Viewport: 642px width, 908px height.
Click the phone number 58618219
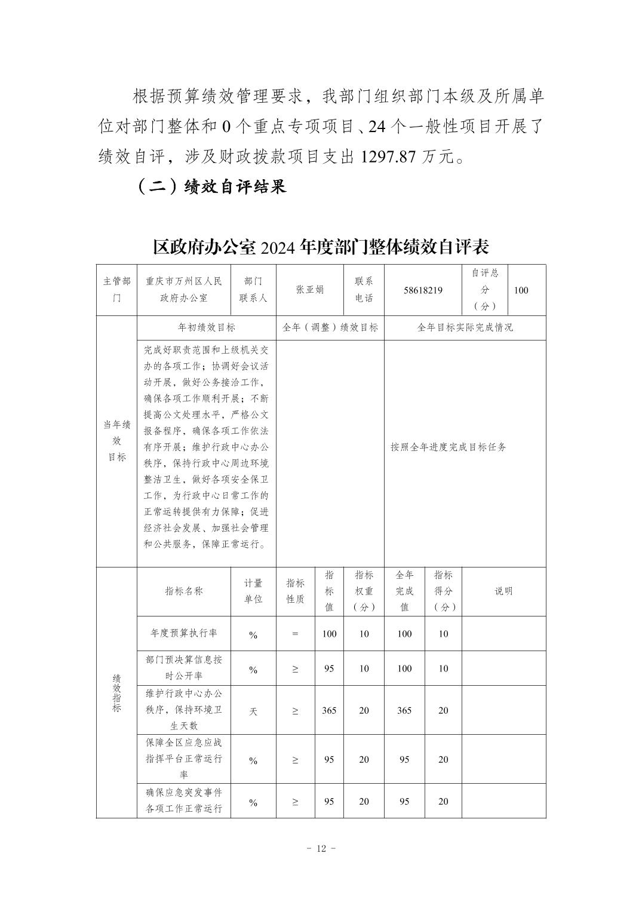click(x=423, y=290)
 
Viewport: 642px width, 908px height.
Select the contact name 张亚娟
click(x=310, y=290)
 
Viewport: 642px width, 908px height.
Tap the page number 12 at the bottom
click(x=321, y=849)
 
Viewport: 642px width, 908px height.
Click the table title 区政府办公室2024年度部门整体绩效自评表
click(x=321, y=246)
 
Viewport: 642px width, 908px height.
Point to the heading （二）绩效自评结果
click(x=211, y=186)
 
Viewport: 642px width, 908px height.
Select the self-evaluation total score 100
click(x=521, y=290)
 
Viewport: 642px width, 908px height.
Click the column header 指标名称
click(x=184, y=591)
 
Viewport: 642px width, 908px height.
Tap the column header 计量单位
click(x=253, y=591)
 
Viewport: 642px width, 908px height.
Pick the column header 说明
click(x=503, y=591)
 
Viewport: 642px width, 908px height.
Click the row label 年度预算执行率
click(x=184, y=633)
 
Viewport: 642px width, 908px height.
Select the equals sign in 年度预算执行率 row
click(x=295, y=634)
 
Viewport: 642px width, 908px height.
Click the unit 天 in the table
click(x=253, y=711)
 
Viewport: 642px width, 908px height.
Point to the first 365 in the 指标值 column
click(x=329, y=710)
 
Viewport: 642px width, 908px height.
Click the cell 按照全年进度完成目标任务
click(x=449, y=447)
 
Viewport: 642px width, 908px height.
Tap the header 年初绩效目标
click(x=207, y=327)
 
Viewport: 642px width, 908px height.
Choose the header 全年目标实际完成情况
click(x=465, y=327)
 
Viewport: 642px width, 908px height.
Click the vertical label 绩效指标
click(x=116, y=693)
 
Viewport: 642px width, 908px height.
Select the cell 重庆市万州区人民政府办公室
click(x=184, y=290)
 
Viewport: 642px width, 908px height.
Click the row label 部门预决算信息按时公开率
click(x=184, y=668)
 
